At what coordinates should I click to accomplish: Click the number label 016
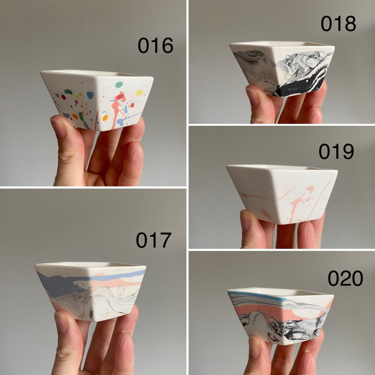pyautogui.click(x=156, y=45)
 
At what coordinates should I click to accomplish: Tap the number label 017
pyautogui.click(x=153, y=240)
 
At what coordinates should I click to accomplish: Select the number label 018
pyautogui.click(x=338, y=23)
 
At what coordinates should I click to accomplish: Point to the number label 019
pyautogui.click(x=336, y=151)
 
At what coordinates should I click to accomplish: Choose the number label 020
pyautogui.click(x=345, y=278)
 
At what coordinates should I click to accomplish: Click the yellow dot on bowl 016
pyautogui.click(x=139, y=93)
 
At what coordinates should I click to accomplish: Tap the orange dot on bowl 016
pyautogui.click(x=105, y=118)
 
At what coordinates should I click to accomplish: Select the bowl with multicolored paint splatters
pyautogui.click(x=97, y=100)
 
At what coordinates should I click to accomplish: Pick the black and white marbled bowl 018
pyautogui.click(x=282, y=69)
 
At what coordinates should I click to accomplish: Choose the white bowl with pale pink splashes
pyautogui.click(x=282, y=194)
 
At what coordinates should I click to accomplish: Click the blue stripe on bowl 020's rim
pyautogui.click(x=257, y=296)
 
